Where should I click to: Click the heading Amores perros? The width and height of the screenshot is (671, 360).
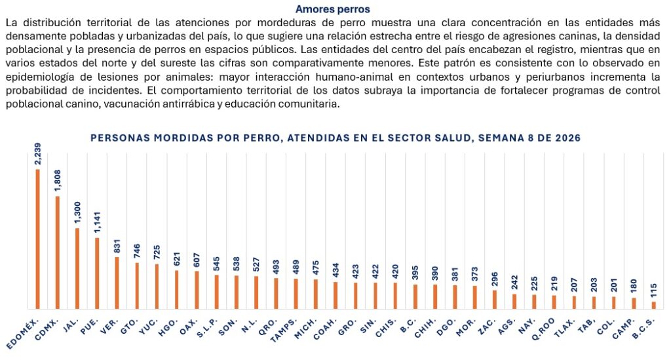332,9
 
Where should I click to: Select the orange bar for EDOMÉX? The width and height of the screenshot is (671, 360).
37,239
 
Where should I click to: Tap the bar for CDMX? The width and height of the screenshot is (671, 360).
57,252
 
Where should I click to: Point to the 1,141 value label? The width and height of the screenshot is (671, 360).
97,223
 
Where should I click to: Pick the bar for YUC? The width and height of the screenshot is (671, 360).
157,286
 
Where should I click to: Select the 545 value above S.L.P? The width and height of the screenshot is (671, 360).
216,262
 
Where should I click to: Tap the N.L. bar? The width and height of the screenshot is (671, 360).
256,292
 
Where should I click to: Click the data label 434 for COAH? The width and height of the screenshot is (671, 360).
335,270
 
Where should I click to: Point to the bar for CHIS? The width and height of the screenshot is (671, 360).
395,295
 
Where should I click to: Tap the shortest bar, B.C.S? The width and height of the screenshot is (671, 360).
653,304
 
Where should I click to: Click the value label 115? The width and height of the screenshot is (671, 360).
653,289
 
